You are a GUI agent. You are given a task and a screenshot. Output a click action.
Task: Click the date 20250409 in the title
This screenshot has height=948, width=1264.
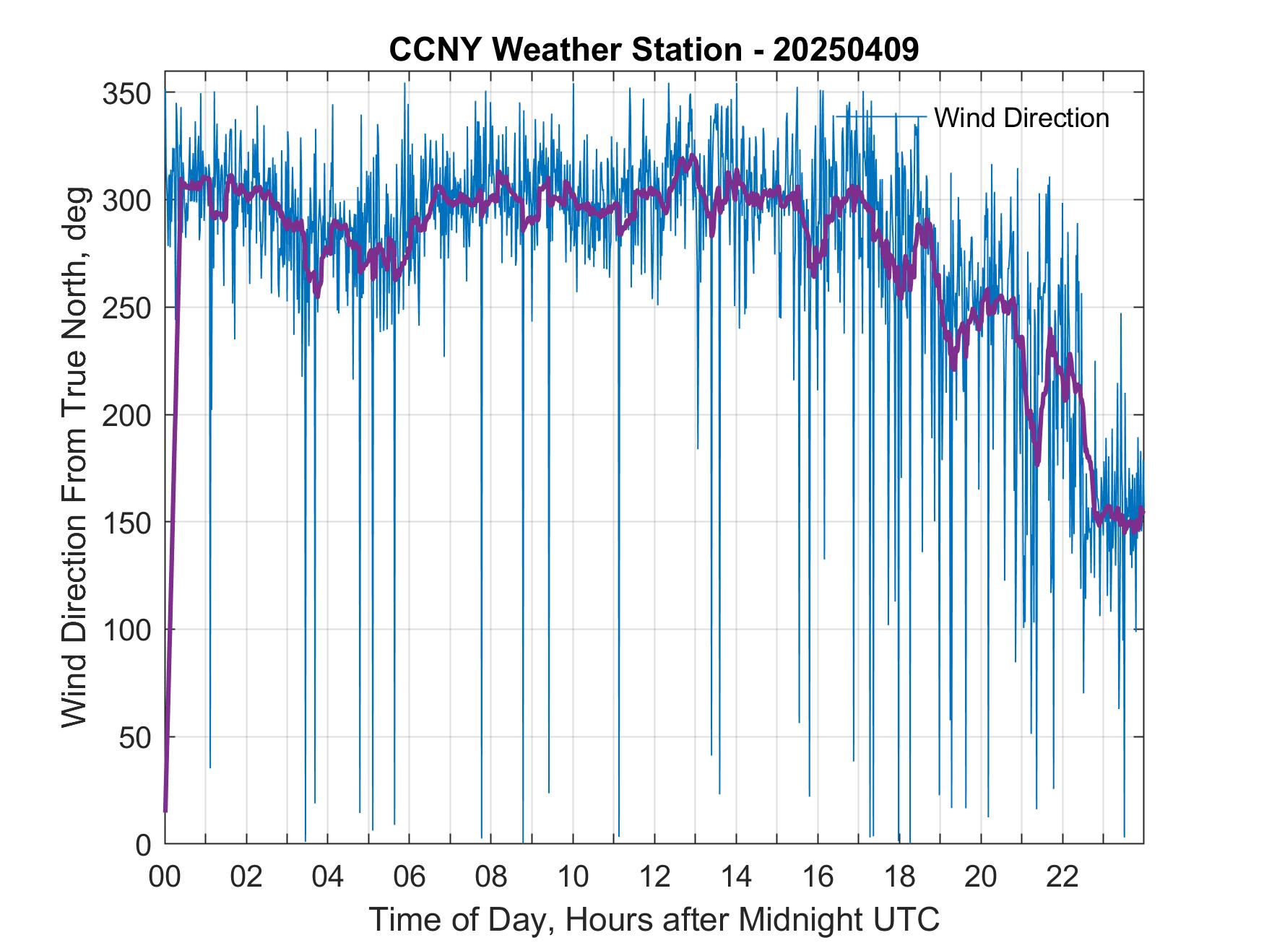pyautogui.click(x=846, y=50)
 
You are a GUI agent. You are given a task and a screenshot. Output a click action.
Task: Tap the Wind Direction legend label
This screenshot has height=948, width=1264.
pyautogui.click(x=1021, y=118)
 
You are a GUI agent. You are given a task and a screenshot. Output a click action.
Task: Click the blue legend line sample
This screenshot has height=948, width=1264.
pyautogui.click(x=880, y=116)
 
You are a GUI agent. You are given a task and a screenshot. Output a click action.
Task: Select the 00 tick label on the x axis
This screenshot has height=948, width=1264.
pyautogui.click(x=165, y=877)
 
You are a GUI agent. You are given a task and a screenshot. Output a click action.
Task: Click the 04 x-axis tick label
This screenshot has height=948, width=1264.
pyautogui.click(x=328, y=877)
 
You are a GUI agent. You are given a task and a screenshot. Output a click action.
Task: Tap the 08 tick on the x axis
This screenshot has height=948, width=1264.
pyautogui.click(x=491, y=877)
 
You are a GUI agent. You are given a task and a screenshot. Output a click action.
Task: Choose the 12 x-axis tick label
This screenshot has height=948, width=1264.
pyautogui.click(x=654, y=877)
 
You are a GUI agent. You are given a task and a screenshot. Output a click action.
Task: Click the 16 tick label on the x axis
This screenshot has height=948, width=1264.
pyautogui.click(x=818, y=877)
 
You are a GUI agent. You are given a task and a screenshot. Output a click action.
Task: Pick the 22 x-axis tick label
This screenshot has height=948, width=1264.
pyautogui.click(x=1062, y=877)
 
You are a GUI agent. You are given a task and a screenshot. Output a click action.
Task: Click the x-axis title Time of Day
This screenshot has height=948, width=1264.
pyautogui.click(x=654, y=919)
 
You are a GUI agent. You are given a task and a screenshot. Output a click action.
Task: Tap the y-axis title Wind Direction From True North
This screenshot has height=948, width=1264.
pyautogui.click(x=74, y=457)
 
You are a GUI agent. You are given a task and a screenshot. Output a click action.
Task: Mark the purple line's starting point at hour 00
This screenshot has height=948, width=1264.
pyautogui.click(x=165, y=811)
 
